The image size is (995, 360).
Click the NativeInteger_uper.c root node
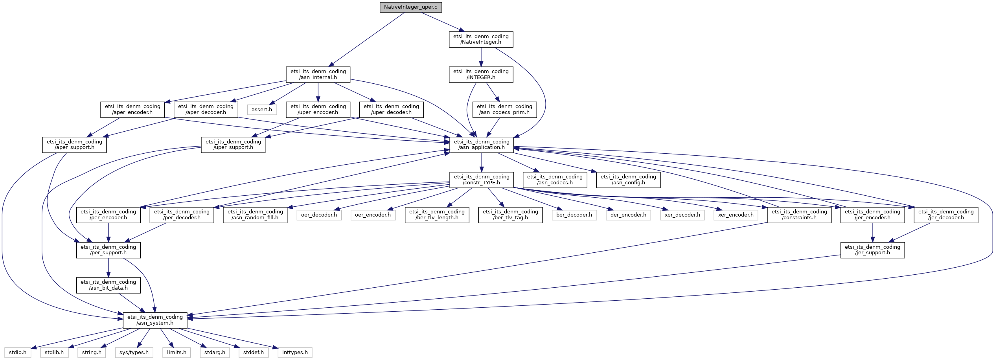pos(410,7)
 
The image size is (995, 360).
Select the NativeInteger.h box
pos(481,39)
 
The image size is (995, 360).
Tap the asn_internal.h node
pos(318,74)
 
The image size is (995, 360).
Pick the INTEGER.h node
pos(481,74)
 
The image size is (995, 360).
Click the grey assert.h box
pos(262,110)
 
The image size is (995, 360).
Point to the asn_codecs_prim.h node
pos(504,109)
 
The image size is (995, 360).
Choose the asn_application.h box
pos(481,145)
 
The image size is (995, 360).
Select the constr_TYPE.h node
pos(481,180)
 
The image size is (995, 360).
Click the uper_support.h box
pos(233,145)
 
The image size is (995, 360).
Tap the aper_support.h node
pos(74,145)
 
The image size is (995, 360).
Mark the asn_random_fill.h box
pos(255,215)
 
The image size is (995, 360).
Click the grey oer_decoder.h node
pos(319,215)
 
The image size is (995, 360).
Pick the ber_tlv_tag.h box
pos(510,215)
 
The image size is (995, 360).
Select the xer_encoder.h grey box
pos(736,215)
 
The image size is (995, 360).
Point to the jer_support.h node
pos(872,250)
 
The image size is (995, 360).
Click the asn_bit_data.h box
pos(108,285)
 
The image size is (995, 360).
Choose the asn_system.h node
pos(155,320)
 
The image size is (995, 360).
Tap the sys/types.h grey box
pos(134,353)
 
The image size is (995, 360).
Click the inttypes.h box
pos(295,353)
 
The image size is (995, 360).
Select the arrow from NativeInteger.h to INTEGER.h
pos(481,57)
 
